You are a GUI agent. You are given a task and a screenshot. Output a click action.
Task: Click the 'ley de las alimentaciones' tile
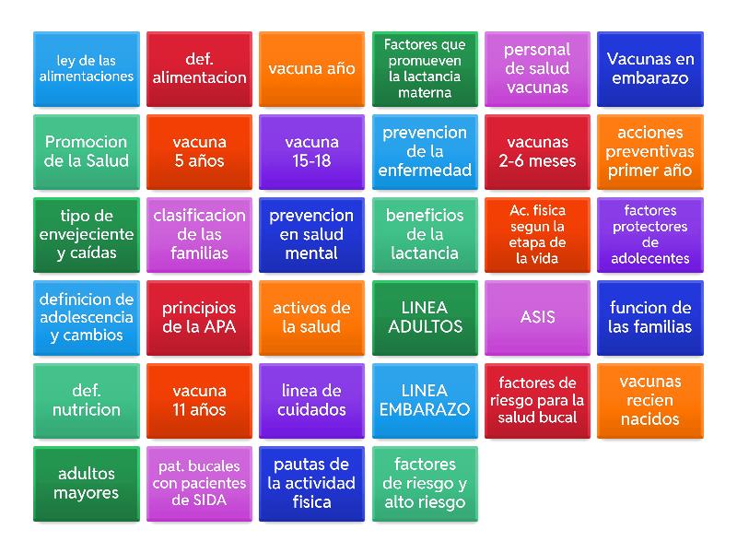tap(87, 68)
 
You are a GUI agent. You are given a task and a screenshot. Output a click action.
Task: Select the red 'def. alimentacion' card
tap(199, 68)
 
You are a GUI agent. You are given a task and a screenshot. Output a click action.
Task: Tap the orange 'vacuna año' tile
tap(311, 68)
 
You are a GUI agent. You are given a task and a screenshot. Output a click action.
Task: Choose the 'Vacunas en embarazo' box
tap(650, 68)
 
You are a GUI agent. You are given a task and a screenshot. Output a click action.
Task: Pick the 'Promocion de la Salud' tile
tap(87, 152)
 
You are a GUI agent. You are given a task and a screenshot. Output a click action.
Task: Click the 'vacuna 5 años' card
tap(199, 152)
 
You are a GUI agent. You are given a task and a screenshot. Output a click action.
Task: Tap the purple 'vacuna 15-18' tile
tap(311, 152)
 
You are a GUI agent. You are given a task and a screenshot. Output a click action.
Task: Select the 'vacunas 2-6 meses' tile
tap(537, 152)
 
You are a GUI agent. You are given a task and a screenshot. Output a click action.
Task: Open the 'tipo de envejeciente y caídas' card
tap(87, 235)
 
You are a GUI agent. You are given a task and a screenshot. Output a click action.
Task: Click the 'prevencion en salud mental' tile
tap(311, 235)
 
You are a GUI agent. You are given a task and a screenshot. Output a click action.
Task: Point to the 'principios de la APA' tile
tap(199, 318)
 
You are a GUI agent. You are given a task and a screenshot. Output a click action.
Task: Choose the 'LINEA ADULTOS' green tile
tap(425, 318)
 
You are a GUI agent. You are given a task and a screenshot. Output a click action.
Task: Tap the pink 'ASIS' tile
tap(537, 318)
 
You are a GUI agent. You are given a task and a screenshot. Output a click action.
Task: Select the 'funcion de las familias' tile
tap(650, 318)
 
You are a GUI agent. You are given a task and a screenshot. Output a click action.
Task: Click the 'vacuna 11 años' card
tap(199, 401)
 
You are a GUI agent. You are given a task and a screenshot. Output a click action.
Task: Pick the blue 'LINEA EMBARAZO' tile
tap(425, 401)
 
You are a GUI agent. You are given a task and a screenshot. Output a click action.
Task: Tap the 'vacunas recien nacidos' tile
tap(650, 401)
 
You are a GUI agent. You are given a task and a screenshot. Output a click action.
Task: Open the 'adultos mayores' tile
tap(87, 484)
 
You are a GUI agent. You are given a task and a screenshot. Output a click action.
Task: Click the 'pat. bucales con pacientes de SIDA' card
tap(199, 484)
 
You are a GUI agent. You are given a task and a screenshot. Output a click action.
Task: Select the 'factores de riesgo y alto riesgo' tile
tap(425, 484)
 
